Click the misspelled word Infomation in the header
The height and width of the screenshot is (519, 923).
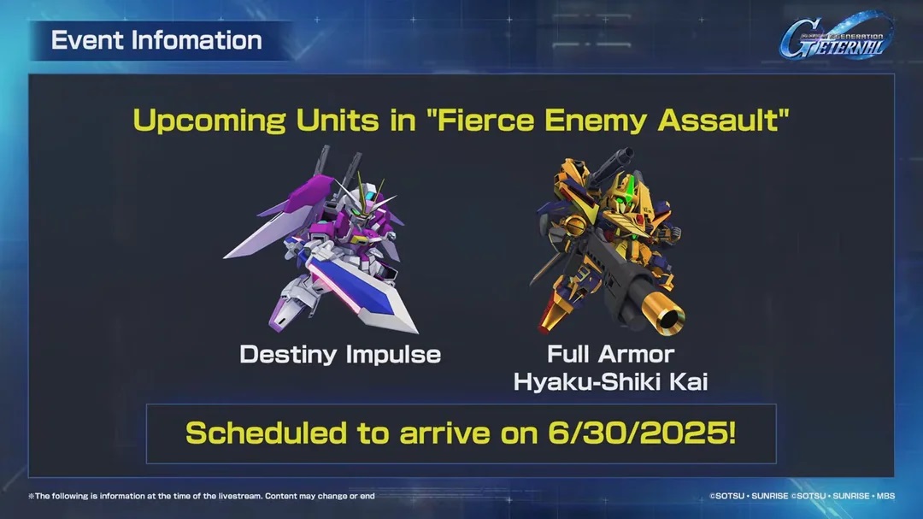coord(197,41)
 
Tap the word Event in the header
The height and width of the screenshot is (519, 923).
coord(87,41)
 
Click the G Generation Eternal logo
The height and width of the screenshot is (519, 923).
coord(836,37)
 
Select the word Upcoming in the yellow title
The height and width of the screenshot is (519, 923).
coord(209,121)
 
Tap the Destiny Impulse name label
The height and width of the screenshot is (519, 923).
coord(340,355)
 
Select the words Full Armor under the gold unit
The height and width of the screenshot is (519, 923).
coord(610,354)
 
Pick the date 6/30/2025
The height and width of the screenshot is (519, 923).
coord(642,433)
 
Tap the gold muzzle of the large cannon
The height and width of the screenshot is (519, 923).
coord(667,316)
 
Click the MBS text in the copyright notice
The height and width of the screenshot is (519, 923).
coord(885,496)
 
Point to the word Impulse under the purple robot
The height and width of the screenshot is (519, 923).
coord(394,355)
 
